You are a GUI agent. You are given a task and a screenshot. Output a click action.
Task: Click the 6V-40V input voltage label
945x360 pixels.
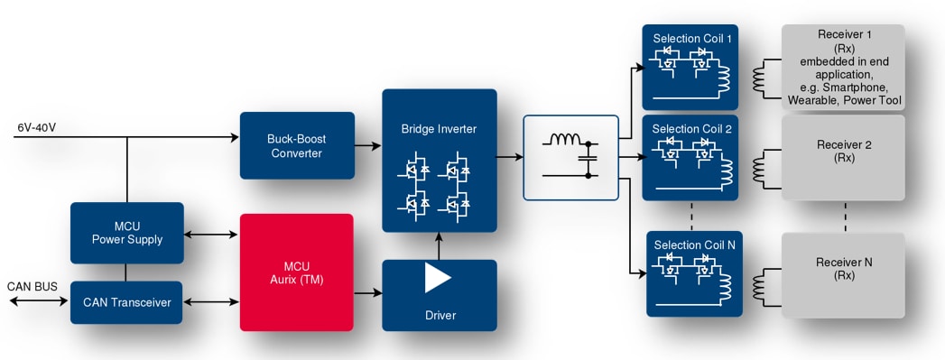pyautogui.click(x=36, y=127)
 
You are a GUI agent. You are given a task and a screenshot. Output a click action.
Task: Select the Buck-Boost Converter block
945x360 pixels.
pyautogui.click(x=295, y=145)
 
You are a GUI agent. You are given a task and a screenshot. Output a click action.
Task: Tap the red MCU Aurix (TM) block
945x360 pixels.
pyautogui.click(x=295, y=272)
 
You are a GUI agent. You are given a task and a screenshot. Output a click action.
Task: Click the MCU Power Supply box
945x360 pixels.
pyautogui.click(x=126, y=233)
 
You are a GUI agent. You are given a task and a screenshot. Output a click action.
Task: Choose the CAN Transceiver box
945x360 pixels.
pyautogui.click(x=126, y=302)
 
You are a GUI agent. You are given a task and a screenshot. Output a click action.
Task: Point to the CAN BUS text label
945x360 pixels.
pyautogui.click(x=32, y=287)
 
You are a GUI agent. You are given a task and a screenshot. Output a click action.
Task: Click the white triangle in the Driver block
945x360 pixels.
pyautogui.click(x=438, y=278)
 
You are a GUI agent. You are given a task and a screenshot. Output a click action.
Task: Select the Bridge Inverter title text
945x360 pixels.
pyautogui.click(x=439, y=129)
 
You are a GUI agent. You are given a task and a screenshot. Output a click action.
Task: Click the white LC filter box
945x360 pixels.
pyautogui.click(x=570, y=156)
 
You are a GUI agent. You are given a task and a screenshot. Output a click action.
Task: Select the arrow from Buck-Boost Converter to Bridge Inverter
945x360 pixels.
pyautogui.click(x=366, y=145)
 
